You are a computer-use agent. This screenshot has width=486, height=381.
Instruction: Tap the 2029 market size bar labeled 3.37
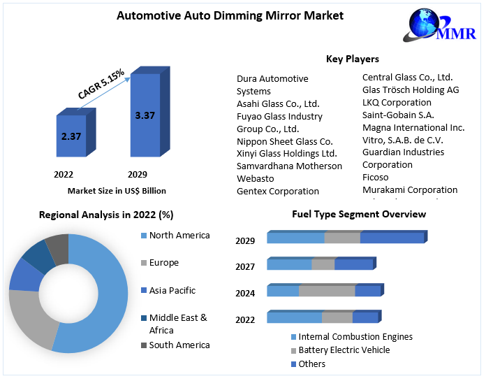point(145,115)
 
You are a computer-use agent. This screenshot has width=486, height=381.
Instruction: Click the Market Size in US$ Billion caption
point(117,190)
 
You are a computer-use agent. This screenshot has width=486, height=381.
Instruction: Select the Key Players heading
point(353,59)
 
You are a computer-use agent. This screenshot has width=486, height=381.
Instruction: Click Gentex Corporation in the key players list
point(278,191)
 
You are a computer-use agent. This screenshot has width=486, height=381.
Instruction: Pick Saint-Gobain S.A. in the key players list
point(398,115)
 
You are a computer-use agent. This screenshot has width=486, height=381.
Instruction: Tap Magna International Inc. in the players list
point(413,128)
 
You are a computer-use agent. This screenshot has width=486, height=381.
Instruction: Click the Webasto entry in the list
point(256,178)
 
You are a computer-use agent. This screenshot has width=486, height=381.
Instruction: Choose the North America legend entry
point(179,236)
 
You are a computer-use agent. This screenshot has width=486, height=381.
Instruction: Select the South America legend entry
point(179,345)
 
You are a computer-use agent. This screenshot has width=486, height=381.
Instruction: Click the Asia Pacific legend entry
point(172,290)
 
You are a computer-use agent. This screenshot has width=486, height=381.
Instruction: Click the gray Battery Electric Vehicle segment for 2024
point(327,291)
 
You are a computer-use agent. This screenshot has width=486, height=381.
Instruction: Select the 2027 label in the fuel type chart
point(245,266)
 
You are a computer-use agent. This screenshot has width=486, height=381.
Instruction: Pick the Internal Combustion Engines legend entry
point(355,337)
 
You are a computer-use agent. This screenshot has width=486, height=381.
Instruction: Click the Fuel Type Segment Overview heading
point(358,214)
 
